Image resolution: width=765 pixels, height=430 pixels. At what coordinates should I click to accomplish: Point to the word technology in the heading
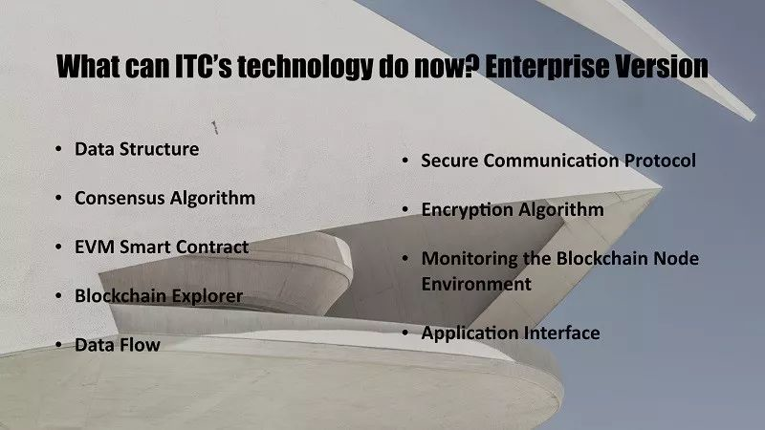tap(305, 68)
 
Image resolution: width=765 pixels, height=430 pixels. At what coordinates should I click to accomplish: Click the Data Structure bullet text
tap(137, 149)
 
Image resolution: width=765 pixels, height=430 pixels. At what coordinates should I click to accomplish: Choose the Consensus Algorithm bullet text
tap(164, 199)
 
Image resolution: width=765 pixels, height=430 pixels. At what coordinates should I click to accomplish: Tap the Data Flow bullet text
tap(117, 345)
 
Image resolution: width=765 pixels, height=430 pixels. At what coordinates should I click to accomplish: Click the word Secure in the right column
tap(449, 161)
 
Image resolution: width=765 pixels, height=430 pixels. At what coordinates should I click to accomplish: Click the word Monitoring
tap(470, 259)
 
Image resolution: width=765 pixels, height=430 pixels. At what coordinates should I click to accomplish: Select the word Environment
tap(476, 284)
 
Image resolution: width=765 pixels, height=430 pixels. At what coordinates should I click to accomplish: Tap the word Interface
tap(562, 333)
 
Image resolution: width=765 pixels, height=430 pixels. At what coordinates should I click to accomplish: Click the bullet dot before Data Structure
tap(58, 149)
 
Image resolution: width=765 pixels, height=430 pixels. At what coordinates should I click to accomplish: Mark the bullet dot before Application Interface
tap(405, 333)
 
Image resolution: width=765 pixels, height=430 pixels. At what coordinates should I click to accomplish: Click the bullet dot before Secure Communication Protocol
tap(405, 161)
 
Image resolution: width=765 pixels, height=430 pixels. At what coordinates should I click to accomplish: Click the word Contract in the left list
tap(212, 247)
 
